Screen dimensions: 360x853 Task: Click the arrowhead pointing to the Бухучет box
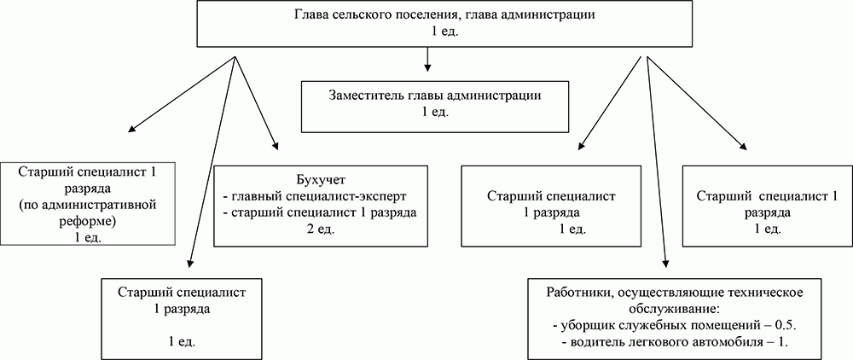point(275,147)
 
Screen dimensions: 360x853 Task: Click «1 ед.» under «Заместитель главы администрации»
point(435,112)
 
